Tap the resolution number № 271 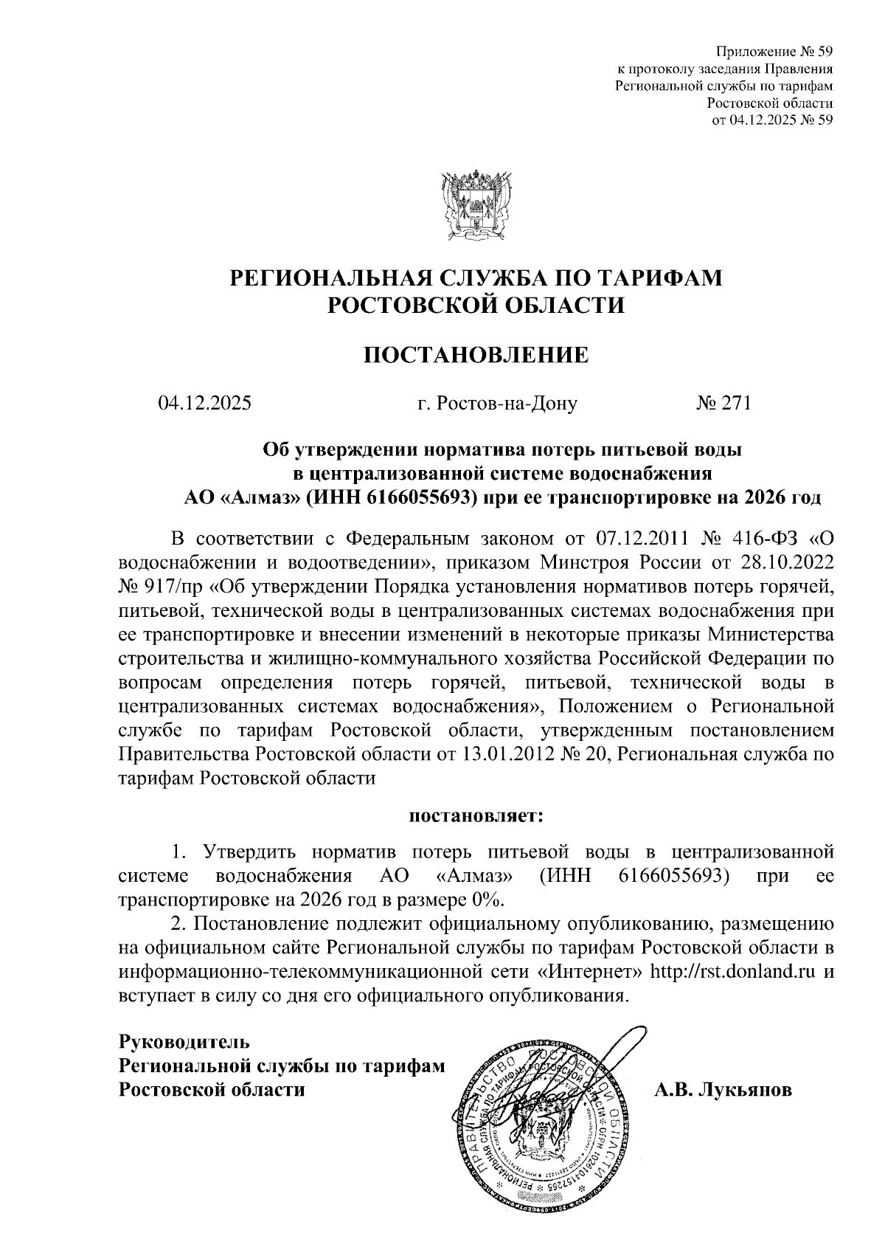click(x=723, y=404)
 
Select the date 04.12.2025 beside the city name click(x=204, y=404)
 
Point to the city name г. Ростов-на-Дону click(x=496, y=404)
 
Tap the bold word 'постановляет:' click(x=476, y=816)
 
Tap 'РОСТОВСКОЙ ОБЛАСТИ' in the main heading click(x=476, y=305)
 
